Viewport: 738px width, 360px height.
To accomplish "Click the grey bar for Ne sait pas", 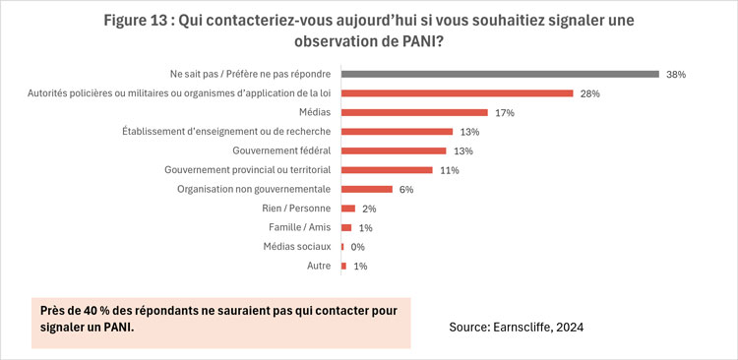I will click(500, 74).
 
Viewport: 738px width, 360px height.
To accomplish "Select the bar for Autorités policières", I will click(457, 93).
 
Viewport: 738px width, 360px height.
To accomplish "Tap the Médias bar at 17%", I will click(414, 112).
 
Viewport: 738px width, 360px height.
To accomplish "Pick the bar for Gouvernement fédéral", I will click(397, 150).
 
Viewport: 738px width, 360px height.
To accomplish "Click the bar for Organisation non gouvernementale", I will click(367, 189).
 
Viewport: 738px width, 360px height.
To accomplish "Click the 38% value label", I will click(675, 74).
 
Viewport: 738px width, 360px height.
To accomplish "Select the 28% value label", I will click(589, 93).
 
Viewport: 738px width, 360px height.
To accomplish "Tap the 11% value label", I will click(450, 170).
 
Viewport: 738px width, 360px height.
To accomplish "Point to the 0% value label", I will click(358, 247).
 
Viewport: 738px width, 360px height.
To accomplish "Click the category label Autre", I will click(317, 267).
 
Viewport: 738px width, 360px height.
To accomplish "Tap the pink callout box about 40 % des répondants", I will click(220, 321).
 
